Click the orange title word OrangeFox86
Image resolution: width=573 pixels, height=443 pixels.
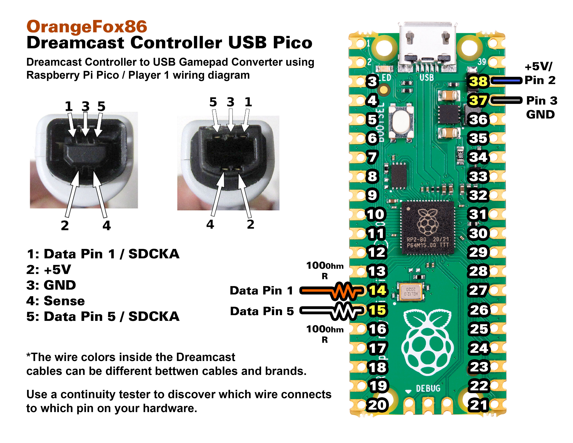point(87,27)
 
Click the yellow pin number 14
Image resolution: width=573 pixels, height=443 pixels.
point(377,290)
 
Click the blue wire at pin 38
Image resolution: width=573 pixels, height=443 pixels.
point(506,81)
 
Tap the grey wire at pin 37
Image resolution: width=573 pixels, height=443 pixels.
point(506,100)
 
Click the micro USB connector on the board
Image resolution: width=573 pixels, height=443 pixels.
point(427,47)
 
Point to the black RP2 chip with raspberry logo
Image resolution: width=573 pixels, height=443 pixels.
point(428,227)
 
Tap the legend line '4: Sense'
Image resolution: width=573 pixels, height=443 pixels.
point(56,301)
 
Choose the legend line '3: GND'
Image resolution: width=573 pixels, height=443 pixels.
point(51,285)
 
